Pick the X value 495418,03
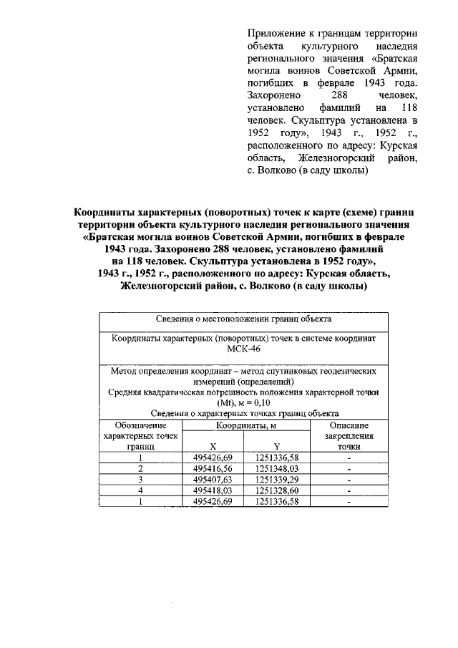(214, 490)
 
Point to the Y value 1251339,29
(276, 479)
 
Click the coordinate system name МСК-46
(244, 349)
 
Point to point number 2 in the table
(141, 468)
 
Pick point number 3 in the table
(141, 479)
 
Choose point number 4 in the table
(141, 490)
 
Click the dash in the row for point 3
(349, 479)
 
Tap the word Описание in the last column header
(349, 425)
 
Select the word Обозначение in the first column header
(141, 425)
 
